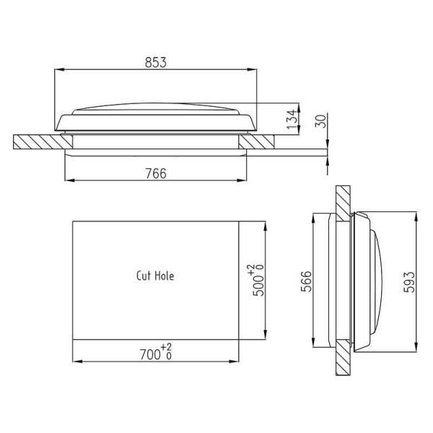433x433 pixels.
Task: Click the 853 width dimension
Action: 155,62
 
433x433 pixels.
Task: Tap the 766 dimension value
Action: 155,172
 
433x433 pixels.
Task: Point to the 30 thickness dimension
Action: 321,121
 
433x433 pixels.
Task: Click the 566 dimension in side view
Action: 305,281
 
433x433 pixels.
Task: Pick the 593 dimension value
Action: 410,281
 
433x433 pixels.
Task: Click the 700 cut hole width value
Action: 151,355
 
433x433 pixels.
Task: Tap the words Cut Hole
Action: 155,275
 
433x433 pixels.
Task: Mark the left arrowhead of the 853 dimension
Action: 58,70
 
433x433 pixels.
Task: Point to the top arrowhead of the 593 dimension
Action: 418,214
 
